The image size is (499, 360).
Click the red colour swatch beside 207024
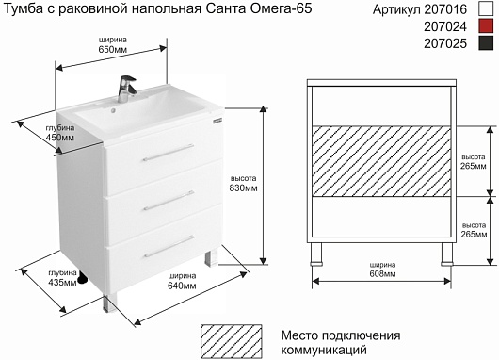tap(486, 26)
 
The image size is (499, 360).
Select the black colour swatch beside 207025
tap(486, 43)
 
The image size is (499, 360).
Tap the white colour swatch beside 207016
tap(486, 8)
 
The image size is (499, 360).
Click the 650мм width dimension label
tap(113, 49)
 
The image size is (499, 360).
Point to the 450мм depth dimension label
tap(60, 138)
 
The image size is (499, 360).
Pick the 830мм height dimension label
tap(244, 188)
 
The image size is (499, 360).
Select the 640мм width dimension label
tap(182, 286)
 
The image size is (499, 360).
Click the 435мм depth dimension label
tap(62, 282)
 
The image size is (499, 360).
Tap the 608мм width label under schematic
tap(382, 273)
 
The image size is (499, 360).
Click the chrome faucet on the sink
tap(126, 89)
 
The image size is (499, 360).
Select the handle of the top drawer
tap(169, 153)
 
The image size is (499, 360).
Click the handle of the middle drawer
tap(169, 201)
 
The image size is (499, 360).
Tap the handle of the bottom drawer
tap(169, 246)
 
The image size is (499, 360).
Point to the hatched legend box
tap(232, 341)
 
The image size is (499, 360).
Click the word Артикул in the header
tap(396, 9)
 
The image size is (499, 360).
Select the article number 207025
tap(445, 43)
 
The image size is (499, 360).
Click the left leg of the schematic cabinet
tap(316, 254)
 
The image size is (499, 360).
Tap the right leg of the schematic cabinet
tap(447, 254)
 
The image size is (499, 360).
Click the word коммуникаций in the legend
tap(324, 351)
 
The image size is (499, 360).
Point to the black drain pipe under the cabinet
tap(83, 277)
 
